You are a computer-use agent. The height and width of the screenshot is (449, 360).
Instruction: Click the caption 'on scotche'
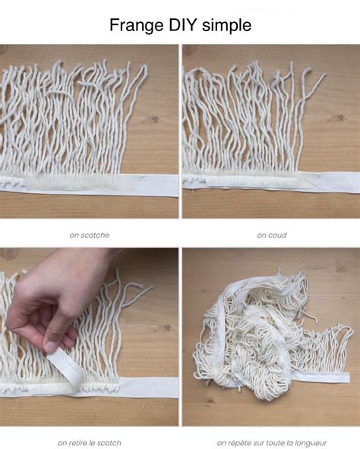(x=90, y=235)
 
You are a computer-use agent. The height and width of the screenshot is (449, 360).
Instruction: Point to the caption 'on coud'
(x=271, y=235)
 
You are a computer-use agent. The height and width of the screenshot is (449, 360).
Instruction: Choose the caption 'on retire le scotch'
(x=90, y=442)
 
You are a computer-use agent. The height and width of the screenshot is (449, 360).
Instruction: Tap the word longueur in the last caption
(x=309, y=442)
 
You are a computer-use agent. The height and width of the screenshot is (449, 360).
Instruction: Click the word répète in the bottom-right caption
(x=239, y=442)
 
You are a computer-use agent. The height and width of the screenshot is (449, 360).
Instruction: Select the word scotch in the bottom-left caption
(x=109, y=442)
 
